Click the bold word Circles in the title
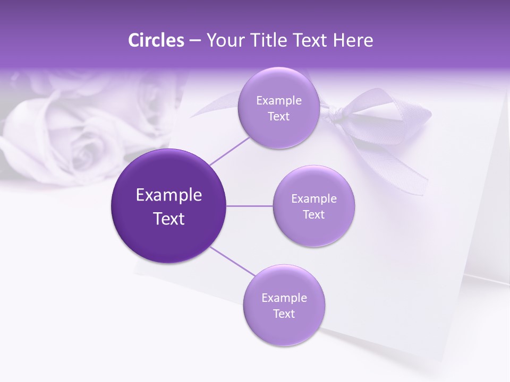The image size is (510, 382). [156, 40]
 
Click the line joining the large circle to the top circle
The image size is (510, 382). [230, 150]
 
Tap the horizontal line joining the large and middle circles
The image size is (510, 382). [250, 206]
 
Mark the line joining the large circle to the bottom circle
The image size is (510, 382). [233, 261]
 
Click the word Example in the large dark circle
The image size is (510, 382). [169, 195]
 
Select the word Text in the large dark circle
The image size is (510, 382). [169, 219]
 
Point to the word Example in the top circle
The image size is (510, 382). [278, 101]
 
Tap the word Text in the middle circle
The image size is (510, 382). [313, 214]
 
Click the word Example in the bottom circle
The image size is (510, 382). [284, 298]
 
